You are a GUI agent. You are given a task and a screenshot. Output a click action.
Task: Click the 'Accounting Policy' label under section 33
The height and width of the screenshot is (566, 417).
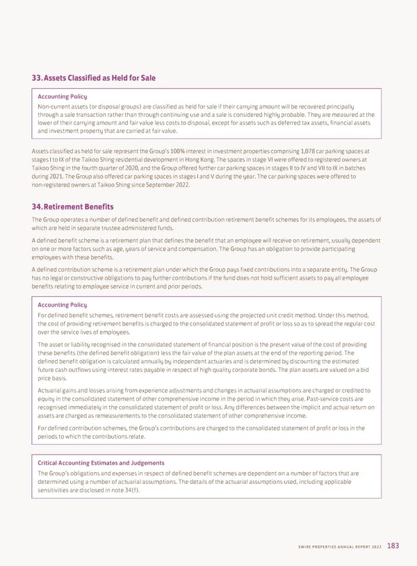[62, 95]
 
